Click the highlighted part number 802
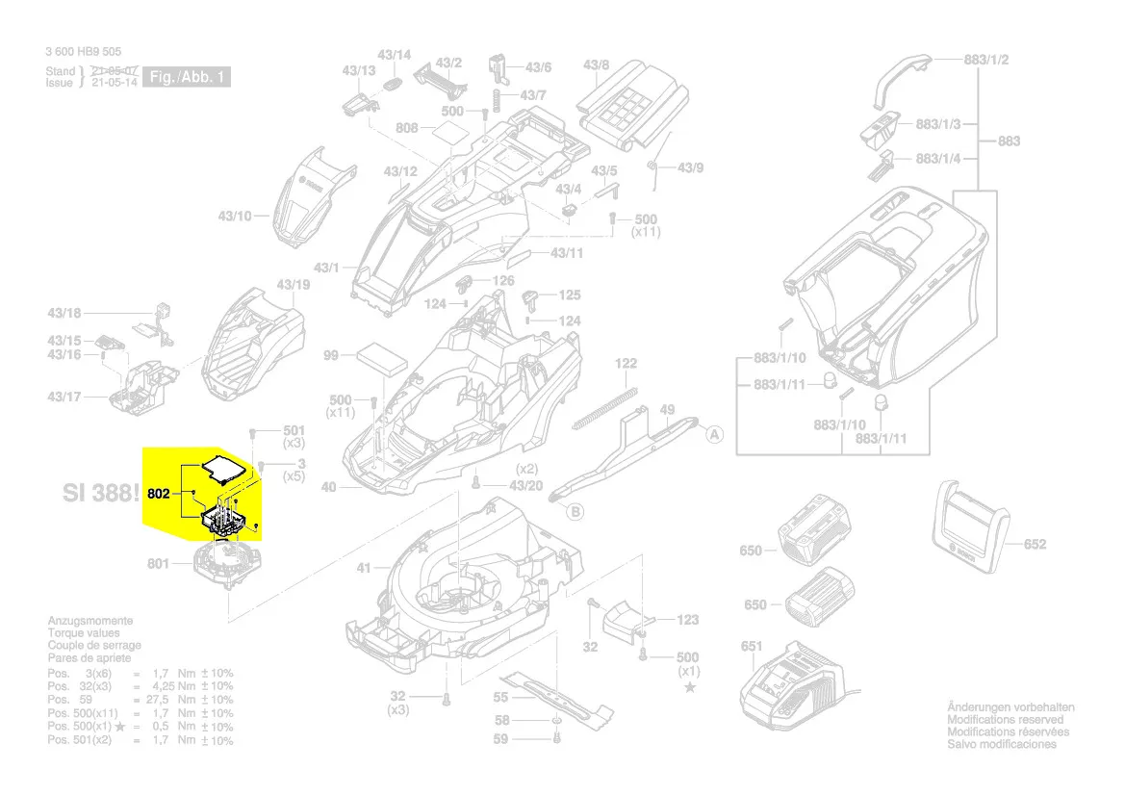(x=160, y=494)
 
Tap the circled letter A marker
(x=714, y=435)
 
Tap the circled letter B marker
(x=575, y=511)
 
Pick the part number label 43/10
(x=234, y=216)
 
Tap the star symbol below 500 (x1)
(x=689, y=686)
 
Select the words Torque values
(x=84, y=633)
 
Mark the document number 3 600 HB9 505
(x=84, y=52)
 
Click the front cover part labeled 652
(x=971, y=528)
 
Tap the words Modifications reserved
(x=1005, y=720)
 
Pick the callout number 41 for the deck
(x=363, y=568)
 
